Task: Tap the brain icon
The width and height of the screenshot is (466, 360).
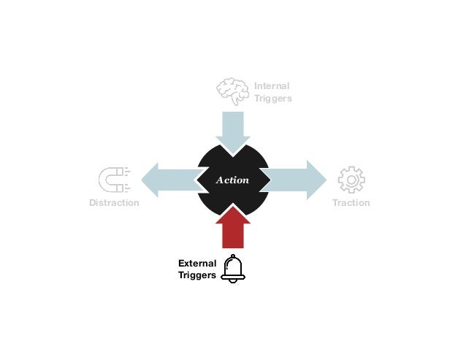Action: pyautogui.click(x=232, y=92)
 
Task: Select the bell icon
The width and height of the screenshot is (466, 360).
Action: pyautogui.click(x=234, y=268)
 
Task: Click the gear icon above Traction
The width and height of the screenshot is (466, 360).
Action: pyautogui.click(x=351, y=180)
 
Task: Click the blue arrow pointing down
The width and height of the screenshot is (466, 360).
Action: pyautogui.click(x=233, y=132)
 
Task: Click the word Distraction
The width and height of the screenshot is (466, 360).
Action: pyautogui.click(x=114, y=202)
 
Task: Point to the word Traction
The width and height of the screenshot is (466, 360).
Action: pyautogui.click(x=351, y=202)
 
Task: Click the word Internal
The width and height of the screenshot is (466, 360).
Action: pyautogui.click(x=272, y=86)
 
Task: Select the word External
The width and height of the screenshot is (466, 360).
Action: pyautogui.click(x=196, y=263)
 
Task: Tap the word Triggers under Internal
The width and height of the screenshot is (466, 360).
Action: pyautogui.click(x=272, y=99)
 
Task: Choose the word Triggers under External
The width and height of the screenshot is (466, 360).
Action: pyautogui.click(x=196, y=276)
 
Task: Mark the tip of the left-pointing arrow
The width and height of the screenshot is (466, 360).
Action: pyautogui.click(x=141, y=180)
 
